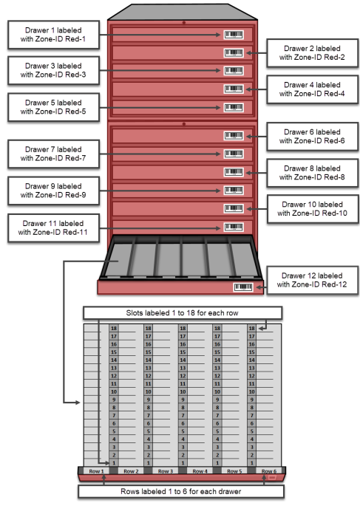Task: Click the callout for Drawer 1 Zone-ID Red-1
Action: click(53, 35)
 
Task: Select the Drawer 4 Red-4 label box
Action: click(312, 89)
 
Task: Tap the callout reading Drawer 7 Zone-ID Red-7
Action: click(53, 154)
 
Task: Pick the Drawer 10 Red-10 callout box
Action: click(313, 209)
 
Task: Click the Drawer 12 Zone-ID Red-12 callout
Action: click(313, 280)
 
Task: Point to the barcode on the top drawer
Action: click(234, 35)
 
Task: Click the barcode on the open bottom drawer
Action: click(243, 287)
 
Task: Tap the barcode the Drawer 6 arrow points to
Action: click(234, 135)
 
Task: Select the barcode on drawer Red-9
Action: click(234, 191)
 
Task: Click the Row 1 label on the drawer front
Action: click(96, 471)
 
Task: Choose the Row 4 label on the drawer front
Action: click(200, 471)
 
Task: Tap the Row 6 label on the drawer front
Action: click(268, 471)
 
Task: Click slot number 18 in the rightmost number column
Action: click(252, 329)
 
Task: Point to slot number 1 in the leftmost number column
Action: click(114, 463)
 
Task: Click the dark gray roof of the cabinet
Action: click(183, 13)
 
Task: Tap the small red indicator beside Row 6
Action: click(272, 478)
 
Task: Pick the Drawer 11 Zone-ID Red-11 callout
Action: click(53, 228)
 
